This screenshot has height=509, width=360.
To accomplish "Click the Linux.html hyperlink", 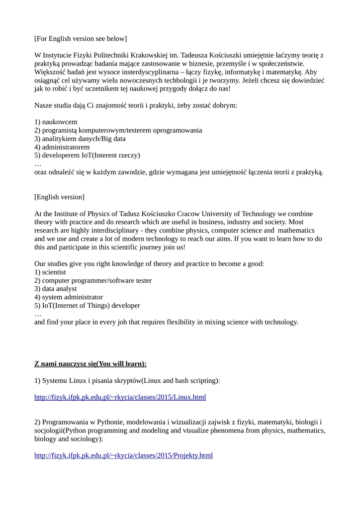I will tap(120, 397).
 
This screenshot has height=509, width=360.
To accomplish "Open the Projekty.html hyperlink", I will tap(123, 455).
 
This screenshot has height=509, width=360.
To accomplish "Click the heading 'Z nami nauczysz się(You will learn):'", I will tap(90, 364).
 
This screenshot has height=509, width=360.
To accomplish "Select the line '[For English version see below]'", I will tap(80, 39).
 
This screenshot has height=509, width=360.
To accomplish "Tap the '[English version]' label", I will tap(59, 197).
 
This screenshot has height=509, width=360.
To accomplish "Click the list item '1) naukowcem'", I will tap(56, 122).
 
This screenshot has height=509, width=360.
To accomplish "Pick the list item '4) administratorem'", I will tap(62, 147).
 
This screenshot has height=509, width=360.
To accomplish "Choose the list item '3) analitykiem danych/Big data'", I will tap(80, 139).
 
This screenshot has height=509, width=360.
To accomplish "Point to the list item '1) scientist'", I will tap(50, 272).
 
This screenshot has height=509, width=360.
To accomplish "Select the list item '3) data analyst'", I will tap(56, 289).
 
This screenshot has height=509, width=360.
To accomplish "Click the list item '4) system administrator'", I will tap(69, 297).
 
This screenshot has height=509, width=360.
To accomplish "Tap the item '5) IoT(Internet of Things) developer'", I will tap(87, 306).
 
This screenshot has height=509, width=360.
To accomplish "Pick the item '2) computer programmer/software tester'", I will tap(93, 281).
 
